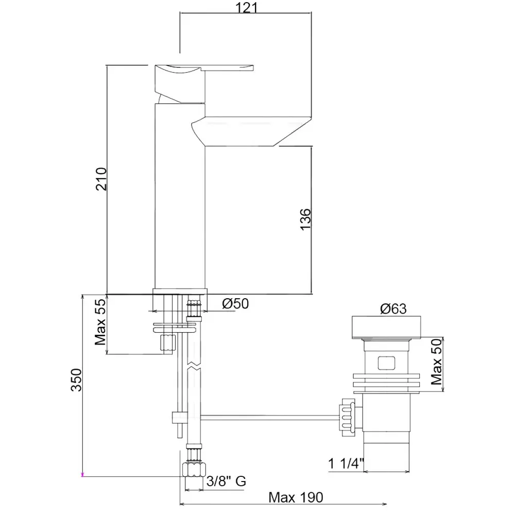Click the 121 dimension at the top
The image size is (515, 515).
point(246,7)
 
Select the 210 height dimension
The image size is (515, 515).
point(101,179)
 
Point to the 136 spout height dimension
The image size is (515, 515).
point(305,219)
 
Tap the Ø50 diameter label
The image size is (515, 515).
point(235,304)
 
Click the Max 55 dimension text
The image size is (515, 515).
point(100,322)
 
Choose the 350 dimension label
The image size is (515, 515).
point(76,380)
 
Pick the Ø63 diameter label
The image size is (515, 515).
point(393,308)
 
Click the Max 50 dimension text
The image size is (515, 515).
point(437,362)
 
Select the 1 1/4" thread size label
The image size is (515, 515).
point(346,464)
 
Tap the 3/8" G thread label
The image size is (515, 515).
point(226,481)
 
